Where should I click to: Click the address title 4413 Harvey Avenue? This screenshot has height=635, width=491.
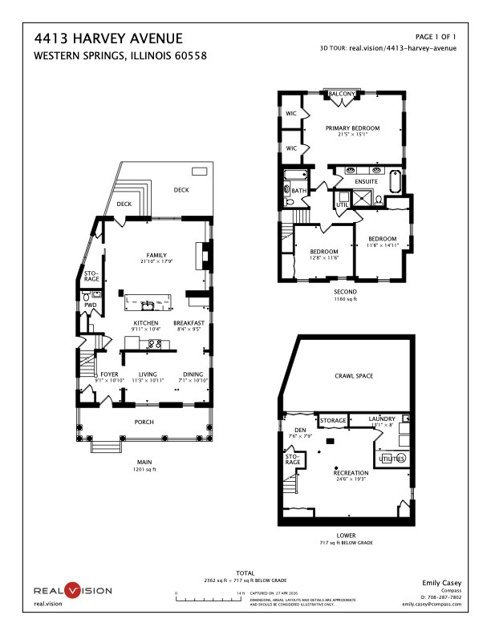[x=108, y=39]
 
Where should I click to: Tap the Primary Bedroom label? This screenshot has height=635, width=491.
[x=352, y=128]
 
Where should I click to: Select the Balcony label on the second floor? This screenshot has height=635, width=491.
[x=342, y=95]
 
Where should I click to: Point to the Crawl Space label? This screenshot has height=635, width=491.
[x=353, y=376]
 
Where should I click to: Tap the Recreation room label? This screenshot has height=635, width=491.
[x=351, y=474]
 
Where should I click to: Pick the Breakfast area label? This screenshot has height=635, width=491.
[x=189, y=322]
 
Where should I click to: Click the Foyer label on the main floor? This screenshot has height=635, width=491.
[x=109, y=374]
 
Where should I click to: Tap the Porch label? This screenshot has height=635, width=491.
[x=144, y=422]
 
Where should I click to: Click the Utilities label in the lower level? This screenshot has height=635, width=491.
[x=392, y=459]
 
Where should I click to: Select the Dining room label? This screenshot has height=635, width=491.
[x=193, y=374]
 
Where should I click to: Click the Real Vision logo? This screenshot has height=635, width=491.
[x=72, y=591]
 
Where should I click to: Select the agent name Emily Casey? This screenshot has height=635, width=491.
[x=442, y=583]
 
